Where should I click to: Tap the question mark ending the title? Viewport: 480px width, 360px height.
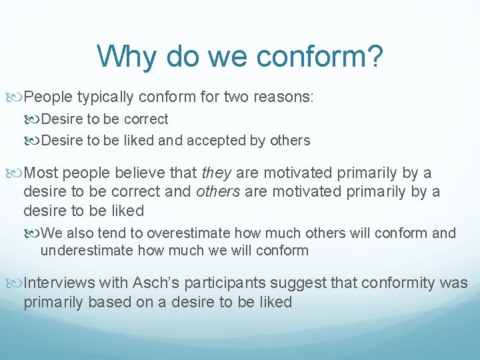375,57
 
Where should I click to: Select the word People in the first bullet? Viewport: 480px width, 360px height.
48,97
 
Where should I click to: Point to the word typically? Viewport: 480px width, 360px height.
105,97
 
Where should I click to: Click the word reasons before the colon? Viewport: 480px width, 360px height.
278,97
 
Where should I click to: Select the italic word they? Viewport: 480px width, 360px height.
217,173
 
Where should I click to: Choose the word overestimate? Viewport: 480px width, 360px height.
187,233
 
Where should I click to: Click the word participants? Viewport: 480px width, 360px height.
219,283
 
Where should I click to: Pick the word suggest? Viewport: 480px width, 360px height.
292,283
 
